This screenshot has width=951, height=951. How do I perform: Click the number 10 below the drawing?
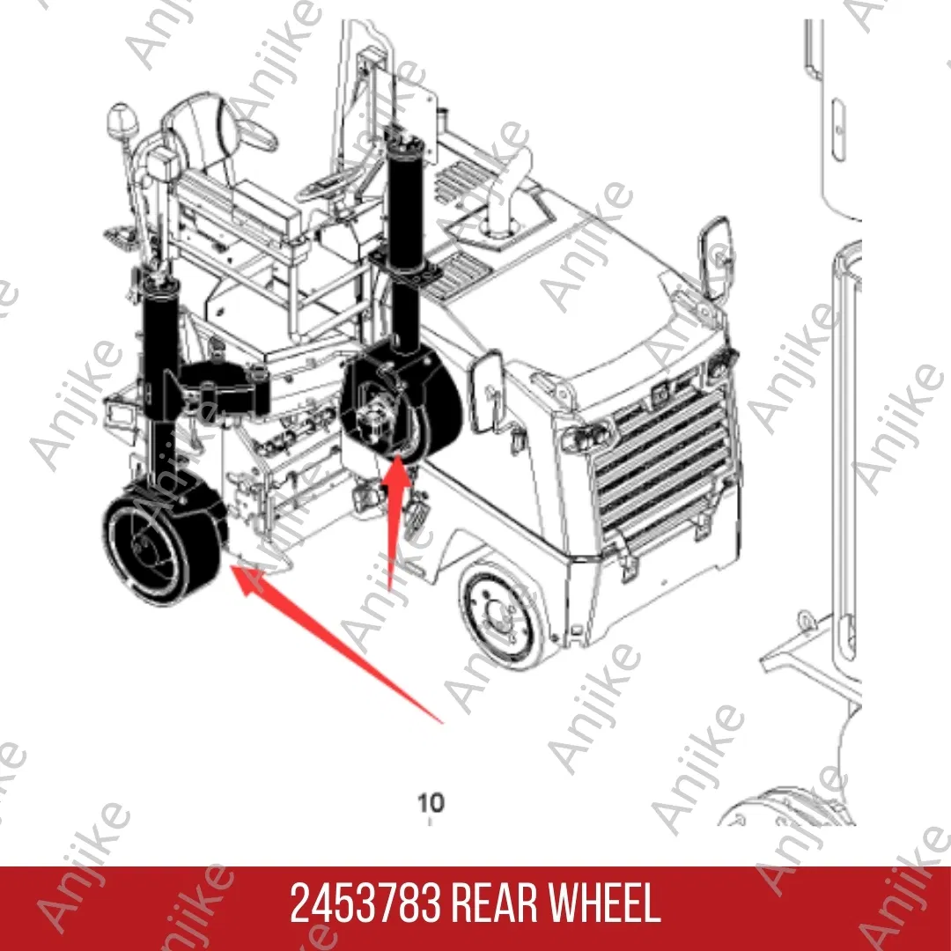[x=431, y=802]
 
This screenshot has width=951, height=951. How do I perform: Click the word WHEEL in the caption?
[x=605, y=904]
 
